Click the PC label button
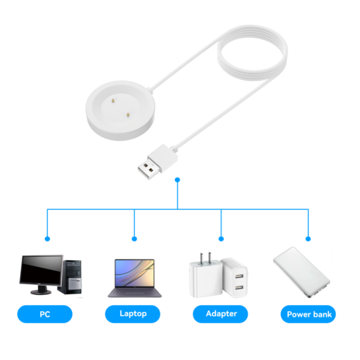click(45, 314)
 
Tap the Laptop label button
click(133, 314)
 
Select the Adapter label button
click(221, 314)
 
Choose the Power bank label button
click(309, 314)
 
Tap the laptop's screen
click(134, 273)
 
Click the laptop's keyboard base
click(134, 294)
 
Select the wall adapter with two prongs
click(201, 276)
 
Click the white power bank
click(300, 275)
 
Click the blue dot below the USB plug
click(178, 180)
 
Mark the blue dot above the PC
click(46, 239)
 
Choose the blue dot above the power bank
click(308, 239)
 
